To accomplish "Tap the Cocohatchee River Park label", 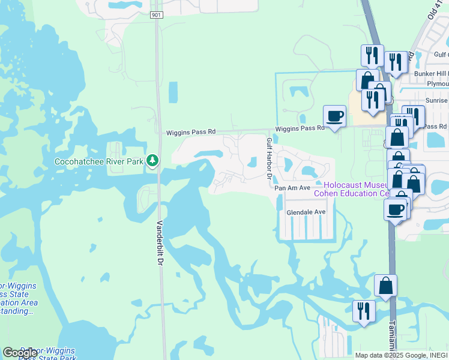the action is pyautogui.click(x=100, y=161).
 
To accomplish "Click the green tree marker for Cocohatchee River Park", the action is pyautogui.click(x=153, y=160).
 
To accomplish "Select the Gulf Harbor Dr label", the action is pyautogui.click(x=269, y=161).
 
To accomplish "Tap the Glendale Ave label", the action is pyautogui.click(x=306, y=212).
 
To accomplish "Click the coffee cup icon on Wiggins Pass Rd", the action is pyautogui.click(x=334, y=115).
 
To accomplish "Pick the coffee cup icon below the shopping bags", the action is pyautogui.click(x=396, y=210).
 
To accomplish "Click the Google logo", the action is pyautogui.click(x=20, y=353).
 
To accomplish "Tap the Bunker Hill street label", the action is pyautogui.click(x=432, y=74).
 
